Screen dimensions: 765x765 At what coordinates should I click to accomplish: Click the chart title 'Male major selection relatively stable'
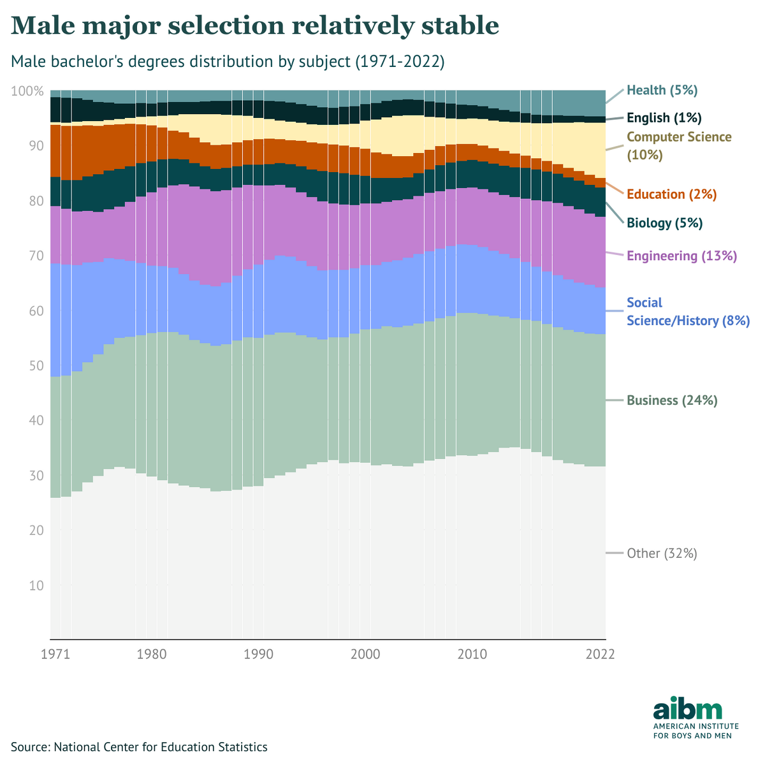[x=255, y=25]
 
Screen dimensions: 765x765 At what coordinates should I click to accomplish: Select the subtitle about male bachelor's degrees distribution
[x=228, y=62]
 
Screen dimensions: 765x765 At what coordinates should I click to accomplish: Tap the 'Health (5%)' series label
[x=662, y=91]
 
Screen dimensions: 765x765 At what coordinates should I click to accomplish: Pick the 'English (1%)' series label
[x=664, y=118]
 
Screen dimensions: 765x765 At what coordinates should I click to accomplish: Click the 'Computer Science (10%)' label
[x=679, y=146]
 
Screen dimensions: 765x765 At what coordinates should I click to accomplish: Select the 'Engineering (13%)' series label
[x=681, y=256]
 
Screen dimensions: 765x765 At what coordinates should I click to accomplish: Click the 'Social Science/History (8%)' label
[x=688, y=312]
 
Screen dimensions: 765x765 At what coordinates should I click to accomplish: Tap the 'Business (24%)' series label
[x=672, y=401]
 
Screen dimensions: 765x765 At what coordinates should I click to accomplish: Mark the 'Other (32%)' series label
[x=662, y=553]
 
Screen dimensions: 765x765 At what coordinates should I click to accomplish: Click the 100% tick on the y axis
[x=27, y=91]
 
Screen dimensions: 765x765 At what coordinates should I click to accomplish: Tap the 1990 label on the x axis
[x=258, y=654]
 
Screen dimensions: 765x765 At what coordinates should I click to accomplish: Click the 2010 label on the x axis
[x=472, y=654]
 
